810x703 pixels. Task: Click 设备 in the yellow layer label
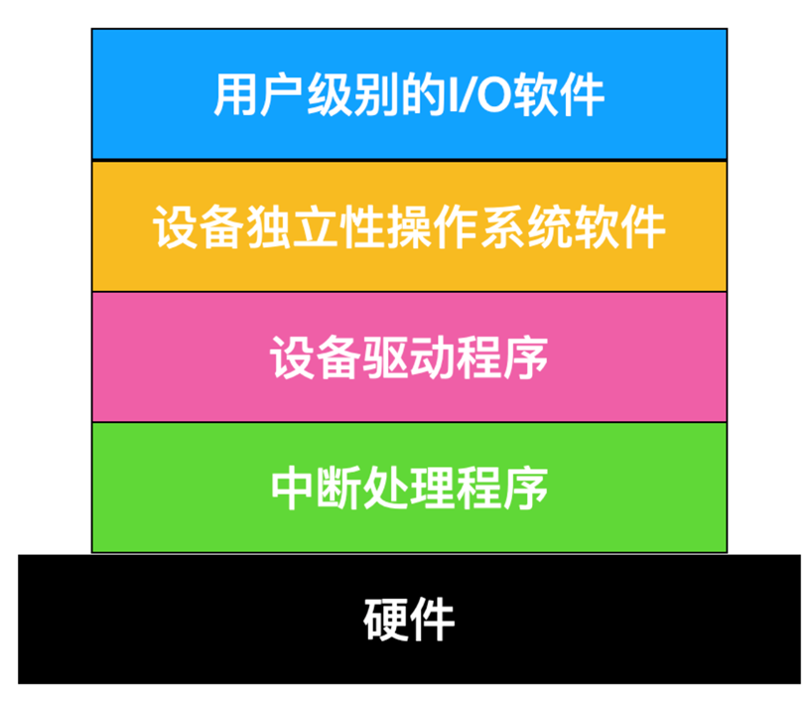coord(191,227)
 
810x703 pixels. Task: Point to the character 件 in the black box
coord(432,620)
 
